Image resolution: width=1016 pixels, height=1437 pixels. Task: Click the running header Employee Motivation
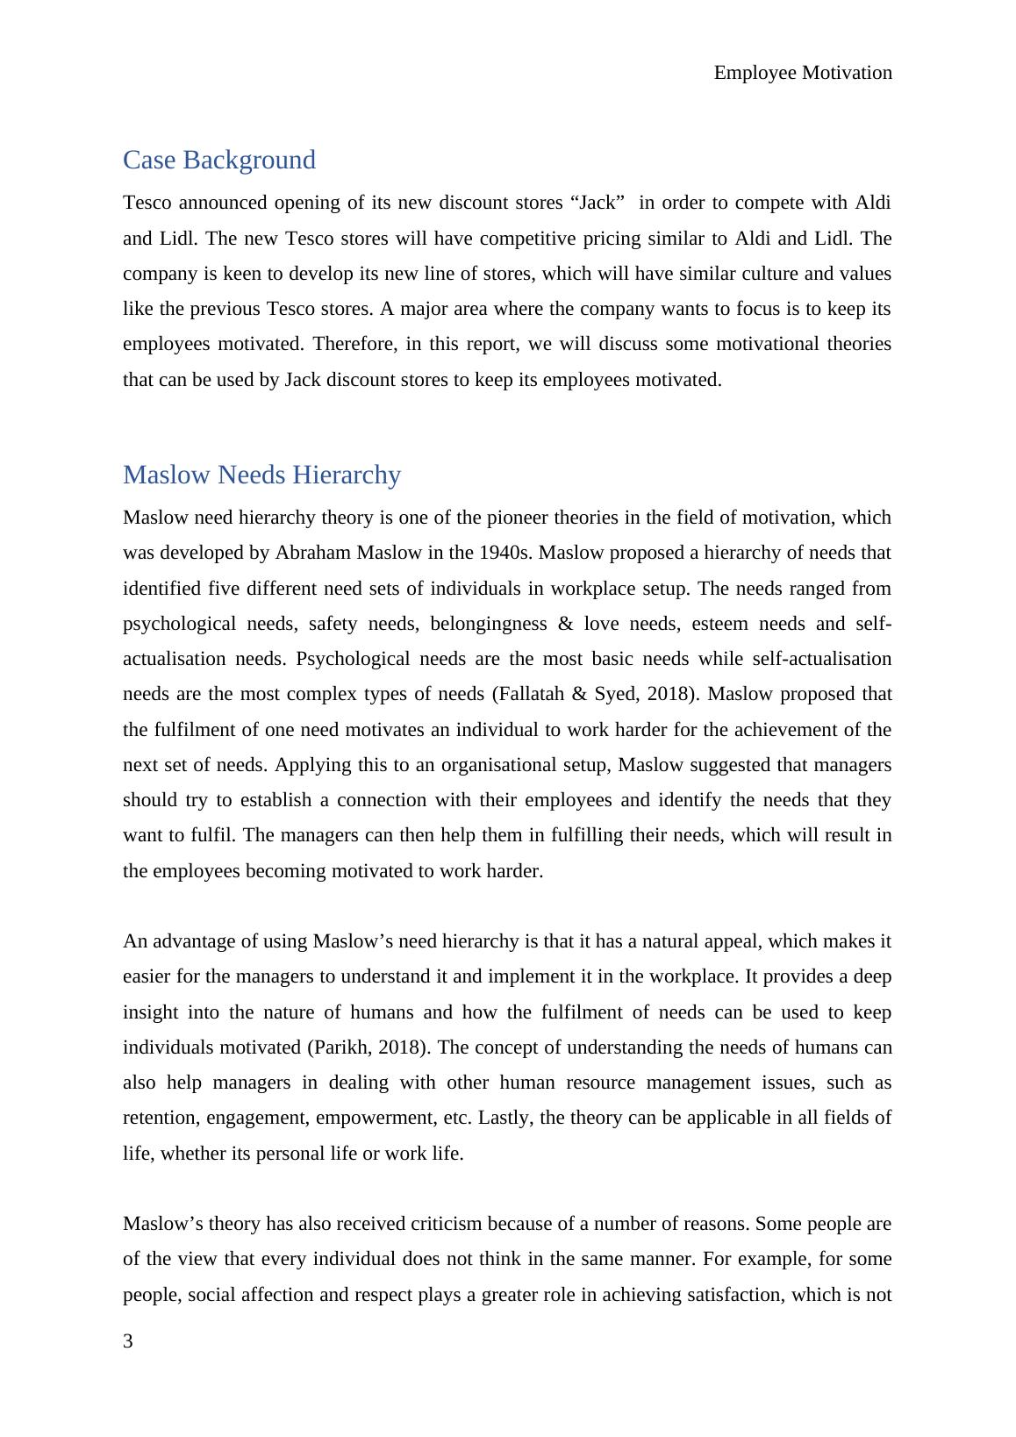tap(803, 73)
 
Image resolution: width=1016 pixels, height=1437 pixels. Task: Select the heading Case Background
tap(218, 160)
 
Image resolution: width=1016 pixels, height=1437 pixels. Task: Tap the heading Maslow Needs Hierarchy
tap(261, 475)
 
